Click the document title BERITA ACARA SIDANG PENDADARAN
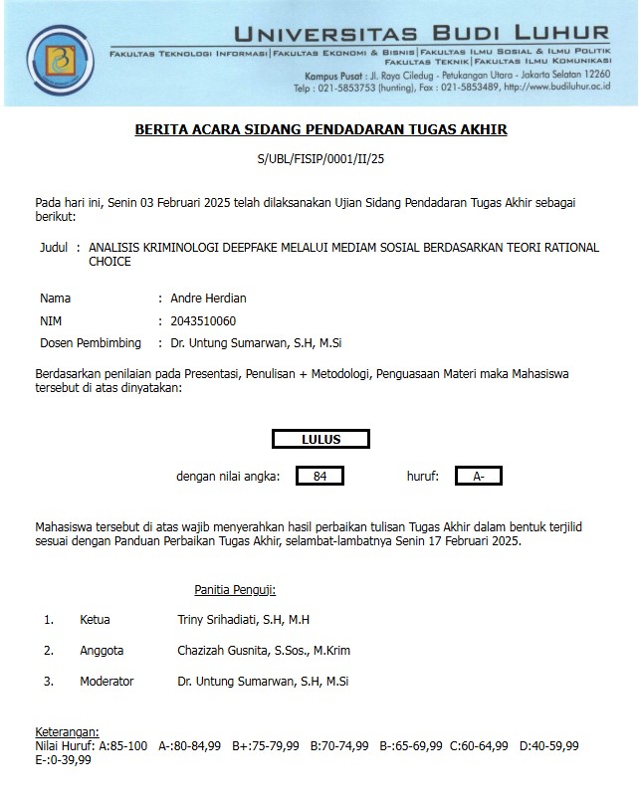pyautogui.click(x=320, y=130)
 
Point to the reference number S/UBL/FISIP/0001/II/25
pyautogui.click(x=320, y=158)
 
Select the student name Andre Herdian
pyautogui.click(x=207, y=298)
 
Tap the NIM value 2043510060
pyautogui.click(x=204, y=320)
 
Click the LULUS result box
pyautogui.click(x=320, y=439)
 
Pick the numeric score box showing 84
pyautogui.click(x=319, y=477)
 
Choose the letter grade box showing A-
pyautogui.click(x=479, y=477)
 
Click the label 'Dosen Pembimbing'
pyautogui.click(x=88, y=343)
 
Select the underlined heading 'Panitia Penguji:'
pyautogui.click(x=235, y=590)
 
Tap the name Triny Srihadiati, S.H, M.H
pyautogui.click(x=243, y=620)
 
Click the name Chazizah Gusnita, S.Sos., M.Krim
pyautogui.click(x=264, y=651)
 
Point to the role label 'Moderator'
pyautogui.click(x=106, y=682)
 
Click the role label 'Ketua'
pyautogui.click(x=96, y=620)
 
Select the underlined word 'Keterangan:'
pyautogui.click(x=68, y=731)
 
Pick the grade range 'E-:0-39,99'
pyautogui.click(x=63, y=760)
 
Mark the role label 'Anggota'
pyautogui.click(x=102, y=651)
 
